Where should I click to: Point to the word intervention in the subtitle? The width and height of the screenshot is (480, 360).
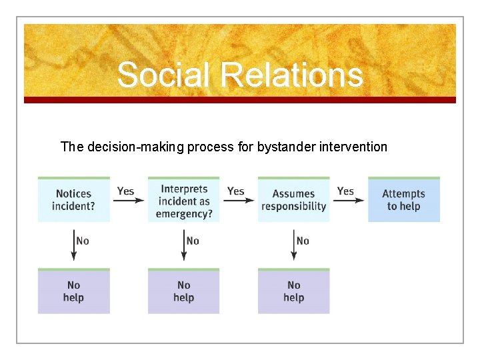click(354, 147)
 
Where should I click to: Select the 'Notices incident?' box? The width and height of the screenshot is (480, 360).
click(73, 199)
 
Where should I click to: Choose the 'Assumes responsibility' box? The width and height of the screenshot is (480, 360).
click(293, 199)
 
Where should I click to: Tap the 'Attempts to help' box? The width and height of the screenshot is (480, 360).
click(403, 199)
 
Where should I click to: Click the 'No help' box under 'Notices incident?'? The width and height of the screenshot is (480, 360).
click(73, 291)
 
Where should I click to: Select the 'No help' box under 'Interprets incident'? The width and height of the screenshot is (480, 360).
click(183, 291)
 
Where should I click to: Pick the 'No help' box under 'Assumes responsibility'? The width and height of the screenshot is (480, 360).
click(293, 291)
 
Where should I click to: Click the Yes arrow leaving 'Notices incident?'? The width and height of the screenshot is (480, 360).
click(129, 200)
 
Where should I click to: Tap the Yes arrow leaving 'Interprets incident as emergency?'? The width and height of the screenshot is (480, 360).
click(239, 200)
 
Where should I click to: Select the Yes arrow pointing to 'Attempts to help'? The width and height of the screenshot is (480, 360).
click(349, 200)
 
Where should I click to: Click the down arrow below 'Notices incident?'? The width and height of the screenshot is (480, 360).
click(73, 244)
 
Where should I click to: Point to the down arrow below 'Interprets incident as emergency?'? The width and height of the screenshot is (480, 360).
click(183, 244)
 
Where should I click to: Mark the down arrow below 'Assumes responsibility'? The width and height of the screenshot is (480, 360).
click(293, 244)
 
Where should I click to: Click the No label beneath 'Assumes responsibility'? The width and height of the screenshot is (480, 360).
click(303, 241)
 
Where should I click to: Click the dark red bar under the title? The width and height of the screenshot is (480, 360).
click(240, 100)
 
